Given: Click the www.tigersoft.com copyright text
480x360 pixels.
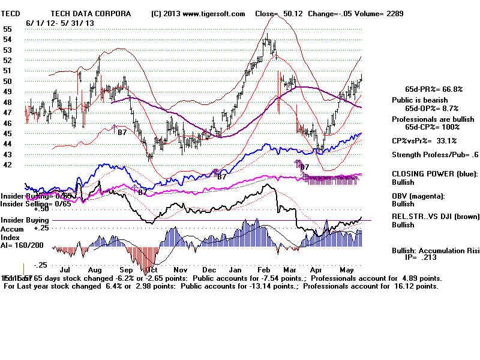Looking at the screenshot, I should pyautogui.click(x=199, y=13).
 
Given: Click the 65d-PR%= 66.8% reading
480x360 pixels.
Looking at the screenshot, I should pyautogui.click(x=433, y=89).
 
